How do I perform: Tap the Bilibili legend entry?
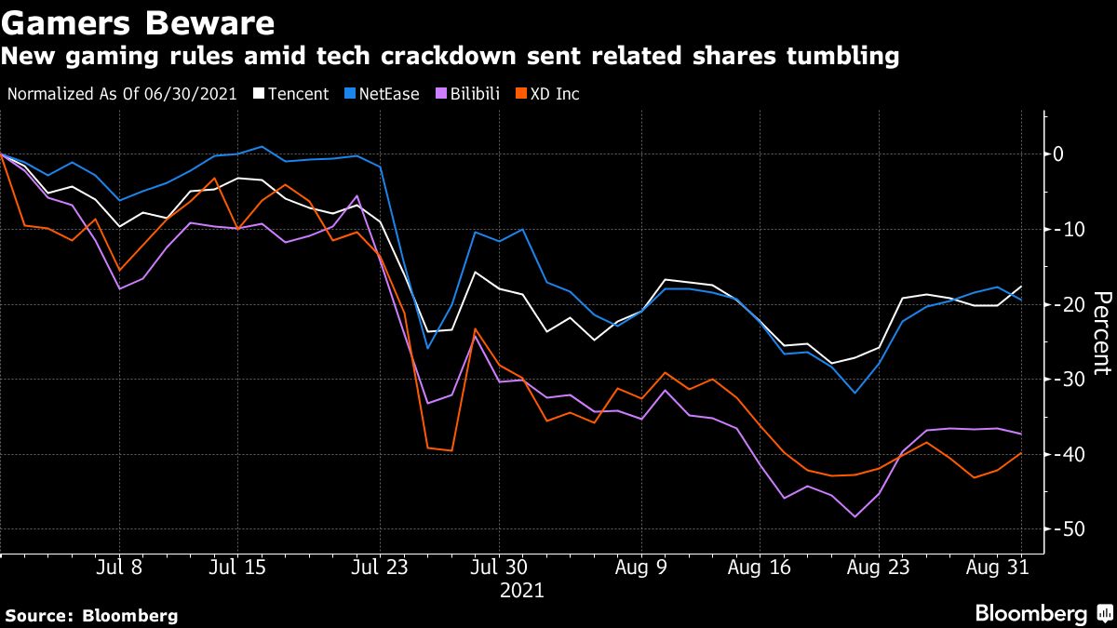[468, 94]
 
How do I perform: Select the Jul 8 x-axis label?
[118, 567]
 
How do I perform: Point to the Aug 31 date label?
[998, 567]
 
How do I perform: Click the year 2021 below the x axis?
[522, 591]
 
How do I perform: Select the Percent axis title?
[1101, 332]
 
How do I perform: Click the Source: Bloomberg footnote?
[91, 615]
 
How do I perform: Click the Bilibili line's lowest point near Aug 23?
[854, 516]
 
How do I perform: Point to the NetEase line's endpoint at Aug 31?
[1021, 300]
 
